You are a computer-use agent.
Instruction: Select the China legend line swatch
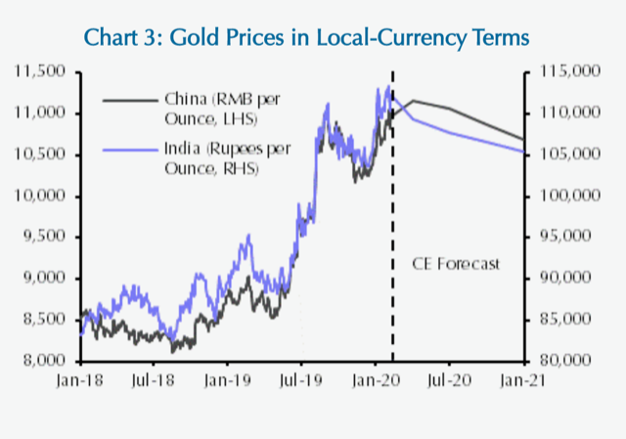point(128,99)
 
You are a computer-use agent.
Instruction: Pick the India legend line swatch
point(128,151)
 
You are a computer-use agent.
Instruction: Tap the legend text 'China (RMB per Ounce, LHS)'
point(208,109)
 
